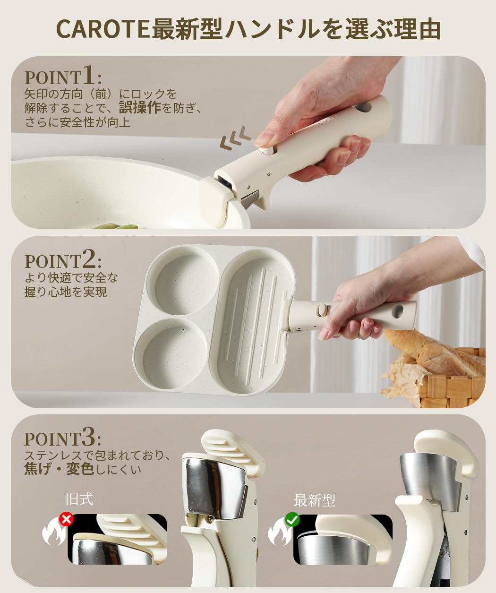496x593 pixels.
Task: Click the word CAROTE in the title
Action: [x=103, y=29]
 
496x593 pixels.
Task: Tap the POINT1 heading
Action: [x=63, y=75]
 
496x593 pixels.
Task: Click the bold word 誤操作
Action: [x=140, y=108]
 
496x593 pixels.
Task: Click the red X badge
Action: [x=66, y=519]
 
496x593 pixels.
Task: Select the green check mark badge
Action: [x=292, y=519]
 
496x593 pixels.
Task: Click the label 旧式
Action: [x=79, y=499]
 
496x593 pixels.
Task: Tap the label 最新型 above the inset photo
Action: [x=314, y=500]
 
